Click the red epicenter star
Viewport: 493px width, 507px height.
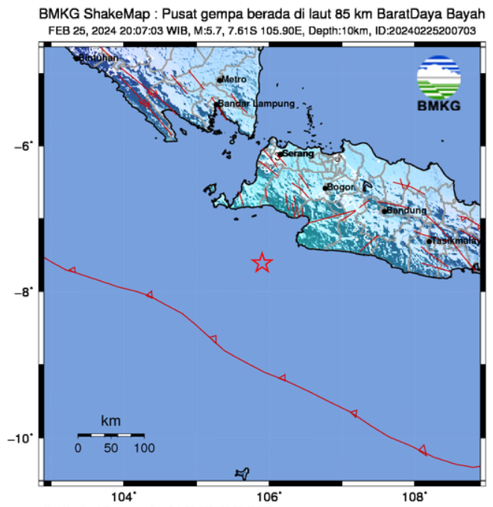(262, 262)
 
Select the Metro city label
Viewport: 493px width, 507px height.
(234, 79)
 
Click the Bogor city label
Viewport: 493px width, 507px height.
(342, 187)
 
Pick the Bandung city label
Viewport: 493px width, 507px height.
(406, 210)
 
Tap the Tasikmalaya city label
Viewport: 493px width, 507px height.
(456, 240)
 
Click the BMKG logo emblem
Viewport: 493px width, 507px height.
(439, 78)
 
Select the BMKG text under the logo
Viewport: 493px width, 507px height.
(439, 106)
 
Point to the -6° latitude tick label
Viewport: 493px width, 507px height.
(25, 146)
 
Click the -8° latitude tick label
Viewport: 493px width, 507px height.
(25, 292)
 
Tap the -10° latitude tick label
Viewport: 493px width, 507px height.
(22, 438)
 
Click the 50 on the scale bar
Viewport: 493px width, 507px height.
(111, 448)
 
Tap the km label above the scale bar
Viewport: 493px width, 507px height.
(110, 422)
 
